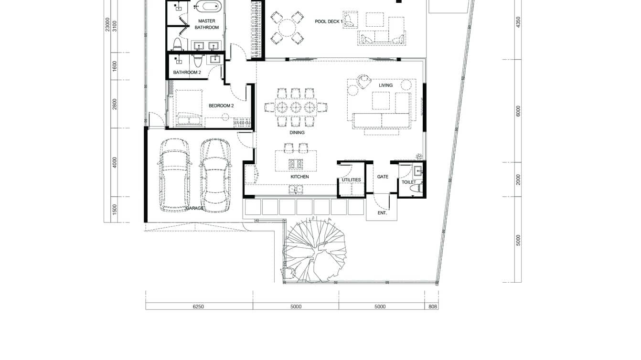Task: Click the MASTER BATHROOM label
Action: (206, 24)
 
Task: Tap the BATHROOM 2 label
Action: (187, 73)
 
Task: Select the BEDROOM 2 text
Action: (221, 106)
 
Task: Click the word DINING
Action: (297, 133)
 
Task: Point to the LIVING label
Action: (385, 85)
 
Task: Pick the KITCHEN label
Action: (299, 177)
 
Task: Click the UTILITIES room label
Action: (351, 180)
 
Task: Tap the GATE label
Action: (383, 177)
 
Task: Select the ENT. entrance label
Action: (382, 213)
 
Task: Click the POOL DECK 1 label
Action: (329, 21)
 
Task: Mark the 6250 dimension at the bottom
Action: (198, 307)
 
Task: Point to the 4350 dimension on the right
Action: (518, 22)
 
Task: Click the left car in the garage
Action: (174, 175)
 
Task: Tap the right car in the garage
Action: (215, 175)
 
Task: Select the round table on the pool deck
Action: (287, 28)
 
